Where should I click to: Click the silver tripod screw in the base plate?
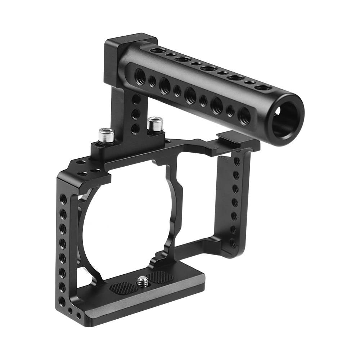(x=143, y=280)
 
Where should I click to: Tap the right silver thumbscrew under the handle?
(x=155, y=124)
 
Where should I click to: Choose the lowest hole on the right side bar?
(x=234, y=243)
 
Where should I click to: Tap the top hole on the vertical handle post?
(x=136, y=100)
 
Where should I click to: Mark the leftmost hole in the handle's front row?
(x=140, y=76)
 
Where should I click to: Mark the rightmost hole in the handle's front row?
(x=244, y=116)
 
